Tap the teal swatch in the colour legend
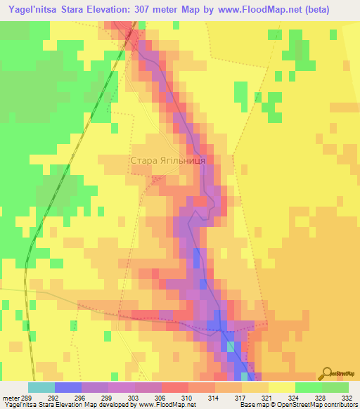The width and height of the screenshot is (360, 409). [41, 387]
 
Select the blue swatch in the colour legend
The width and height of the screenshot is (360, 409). [68, 387]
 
